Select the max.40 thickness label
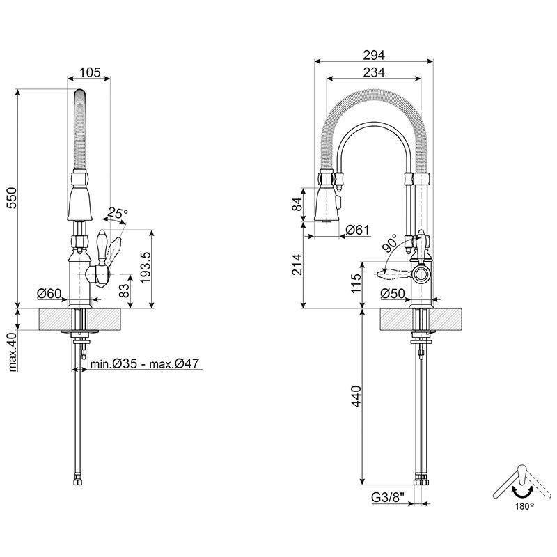(x=12, y=352)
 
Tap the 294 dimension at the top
(x=375, y=55)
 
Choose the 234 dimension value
(x=375, y=72)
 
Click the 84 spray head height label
(x=298, y=204)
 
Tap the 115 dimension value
(x=356, y=284)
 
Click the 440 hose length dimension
(x=356, y=398)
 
